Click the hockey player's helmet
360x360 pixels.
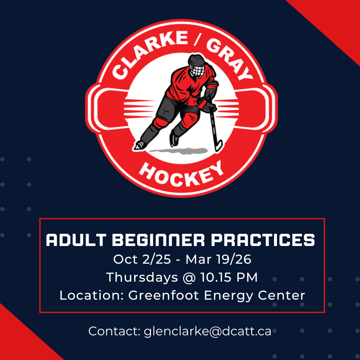coord(196,60)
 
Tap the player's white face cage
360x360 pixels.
coord(197,71)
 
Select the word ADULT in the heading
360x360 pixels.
coord(76,240)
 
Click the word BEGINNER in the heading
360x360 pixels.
coord(158,240)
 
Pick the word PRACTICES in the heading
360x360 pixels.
coord(263,240)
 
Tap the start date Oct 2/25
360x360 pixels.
coord(142,259)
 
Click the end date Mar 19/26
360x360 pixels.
coord(218,259)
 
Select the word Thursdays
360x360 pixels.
coord(142,277)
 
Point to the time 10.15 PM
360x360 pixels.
coord(229,277)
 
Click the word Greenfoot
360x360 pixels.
coord(163,295)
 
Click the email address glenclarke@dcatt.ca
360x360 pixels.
coord(208,331)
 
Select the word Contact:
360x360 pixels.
coord(114,331)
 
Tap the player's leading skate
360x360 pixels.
coord(140,145)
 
